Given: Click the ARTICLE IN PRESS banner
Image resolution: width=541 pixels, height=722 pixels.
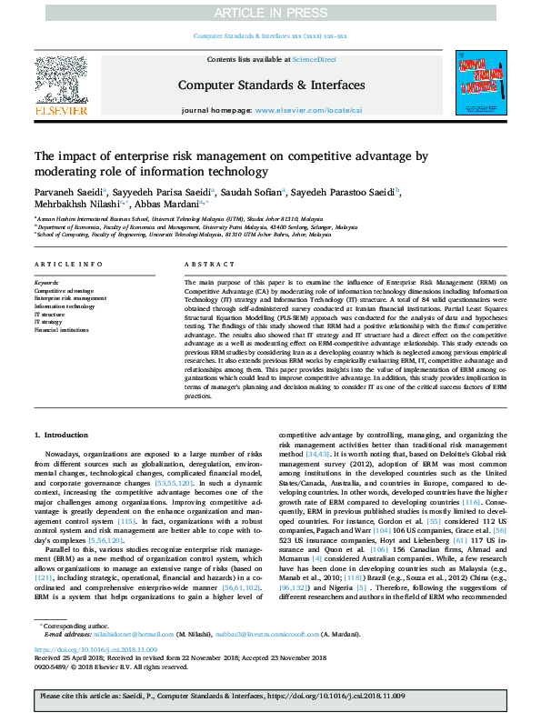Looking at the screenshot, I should pyautogui.click(x=270, y=14).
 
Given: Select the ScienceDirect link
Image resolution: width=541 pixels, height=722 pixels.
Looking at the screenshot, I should pyautogui.click(x=316, y=59).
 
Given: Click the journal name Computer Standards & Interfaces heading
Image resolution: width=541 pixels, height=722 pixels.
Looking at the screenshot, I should pyautogui.click(x=271, y=85).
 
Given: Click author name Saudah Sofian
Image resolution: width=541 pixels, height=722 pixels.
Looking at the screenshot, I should pyautogui.click(x=251, y=192).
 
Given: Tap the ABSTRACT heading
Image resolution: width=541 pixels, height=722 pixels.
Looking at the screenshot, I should pyautogui.click(x=205, y=265).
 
